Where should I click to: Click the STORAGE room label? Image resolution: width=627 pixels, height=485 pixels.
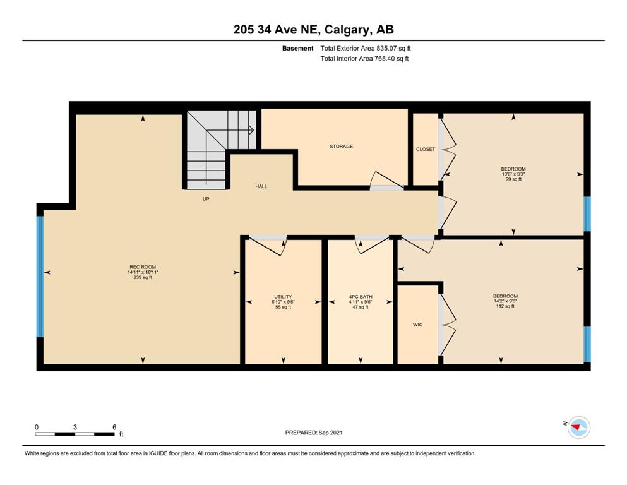(x=341, y=147)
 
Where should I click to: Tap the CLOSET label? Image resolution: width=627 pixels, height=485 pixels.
(x=426, y=149)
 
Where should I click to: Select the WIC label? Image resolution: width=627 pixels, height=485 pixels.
(x=417, y=325)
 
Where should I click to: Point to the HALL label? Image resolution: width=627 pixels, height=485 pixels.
(x=261, y=186)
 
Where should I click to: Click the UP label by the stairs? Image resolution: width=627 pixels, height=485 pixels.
(x=206, y=199)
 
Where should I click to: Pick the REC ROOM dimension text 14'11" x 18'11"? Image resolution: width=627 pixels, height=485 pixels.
(x=143, y=272)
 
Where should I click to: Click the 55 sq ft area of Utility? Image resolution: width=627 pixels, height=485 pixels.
(x=283, y=307)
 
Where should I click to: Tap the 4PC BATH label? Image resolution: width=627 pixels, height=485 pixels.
(x=361, y=297)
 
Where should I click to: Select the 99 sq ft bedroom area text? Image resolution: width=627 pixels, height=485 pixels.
(x=513, y=179)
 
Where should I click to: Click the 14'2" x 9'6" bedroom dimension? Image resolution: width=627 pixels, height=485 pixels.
(x=505, y=301)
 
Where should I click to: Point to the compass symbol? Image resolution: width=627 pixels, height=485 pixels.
(x=578, y=428)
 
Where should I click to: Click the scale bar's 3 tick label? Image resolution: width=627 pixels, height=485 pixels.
(x=75, y=427)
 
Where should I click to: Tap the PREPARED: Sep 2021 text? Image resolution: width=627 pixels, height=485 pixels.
(x=313, y=433)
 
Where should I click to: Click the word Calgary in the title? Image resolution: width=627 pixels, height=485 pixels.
(x=347, y=30)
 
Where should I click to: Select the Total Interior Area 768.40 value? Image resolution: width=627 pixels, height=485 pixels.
(x=385, y=58)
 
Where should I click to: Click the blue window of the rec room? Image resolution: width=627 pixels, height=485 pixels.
(x=40, y=277)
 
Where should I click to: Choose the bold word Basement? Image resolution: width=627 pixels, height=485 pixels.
(x=297, y=49)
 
